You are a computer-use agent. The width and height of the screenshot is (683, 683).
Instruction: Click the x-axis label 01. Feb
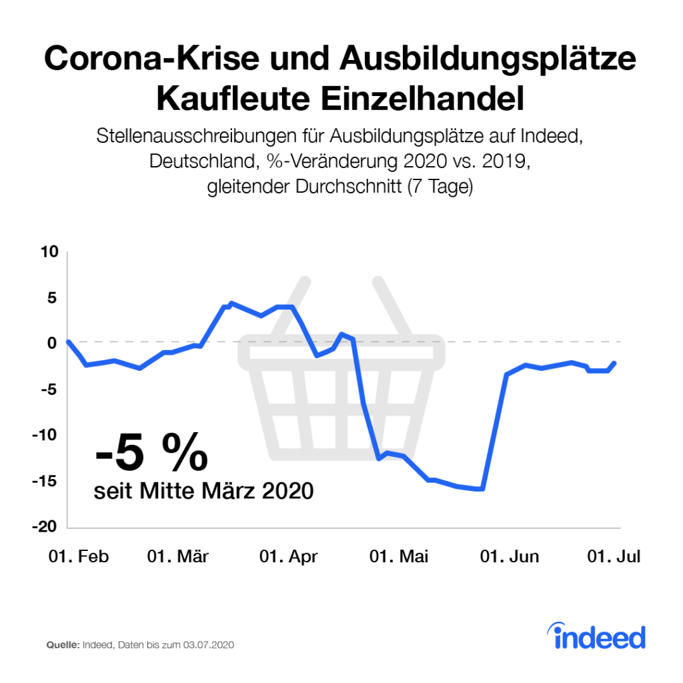click(78, 557)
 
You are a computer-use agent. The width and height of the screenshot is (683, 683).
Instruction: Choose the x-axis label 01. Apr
click(288, 557)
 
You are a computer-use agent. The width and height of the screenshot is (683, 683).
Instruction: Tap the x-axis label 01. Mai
click(400, 557)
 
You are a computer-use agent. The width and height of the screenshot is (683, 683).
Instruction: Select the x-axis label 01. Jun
click(510, 557)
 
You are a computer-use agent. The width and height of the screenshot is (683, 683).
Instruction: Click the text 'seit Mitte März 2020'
click(203, 491)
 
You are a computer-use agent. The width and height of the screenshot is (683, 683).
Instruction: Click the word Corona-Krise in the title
click(153, 61)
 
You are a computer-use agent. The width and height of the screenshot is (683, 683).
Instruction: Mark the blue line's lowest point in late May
click(482, 489)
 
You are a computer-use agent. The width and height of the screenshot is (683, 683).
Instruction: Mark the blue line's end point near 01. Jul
click(614, 363)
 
